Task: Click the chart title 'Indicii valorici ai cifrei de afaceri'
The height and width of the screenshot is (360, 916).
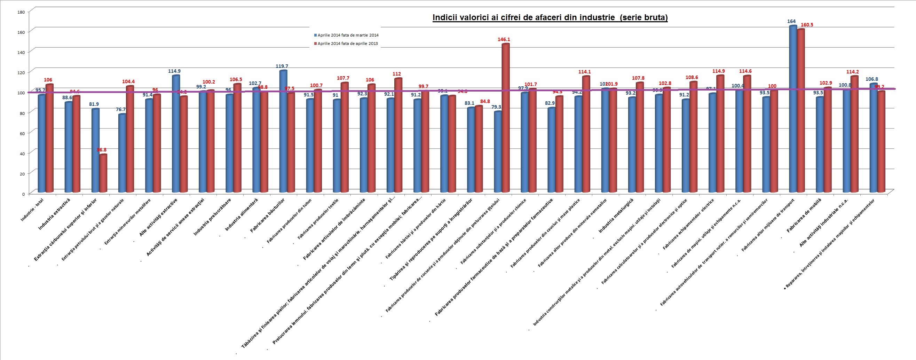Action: tap(550, 18)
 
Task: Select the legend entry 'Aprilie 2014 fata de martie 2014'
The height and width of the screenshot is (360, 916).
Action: tap(347, 35)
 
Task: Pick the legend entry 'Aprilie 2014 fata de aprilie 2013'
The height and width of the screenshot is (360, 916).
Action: tap(347, 44)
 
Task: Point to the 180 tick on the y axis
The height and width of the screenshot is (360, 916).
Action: tap(21, 12)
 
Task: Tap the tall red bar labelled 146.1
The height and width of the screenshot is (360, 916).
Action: tap(505, 117)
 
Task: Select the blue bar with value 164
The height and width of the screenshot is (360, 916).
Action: tap(792, 109)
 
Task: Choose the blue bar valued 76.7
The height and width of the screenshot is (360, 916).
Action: tap(122, 153)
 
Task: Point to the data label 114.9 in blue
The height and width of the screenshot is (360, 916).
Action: tap(174, 71)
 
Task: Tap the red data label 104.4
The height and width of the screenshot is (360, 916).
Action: tap(128, 81)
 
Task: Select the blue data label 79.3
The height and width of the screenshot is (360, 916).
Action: tap(496, 107)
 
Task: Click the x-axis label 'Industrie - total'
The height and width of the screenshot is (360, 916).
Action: tap(32, 210)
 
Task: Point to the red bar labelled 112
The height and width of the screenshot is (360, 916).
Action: tap(398, 135)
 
